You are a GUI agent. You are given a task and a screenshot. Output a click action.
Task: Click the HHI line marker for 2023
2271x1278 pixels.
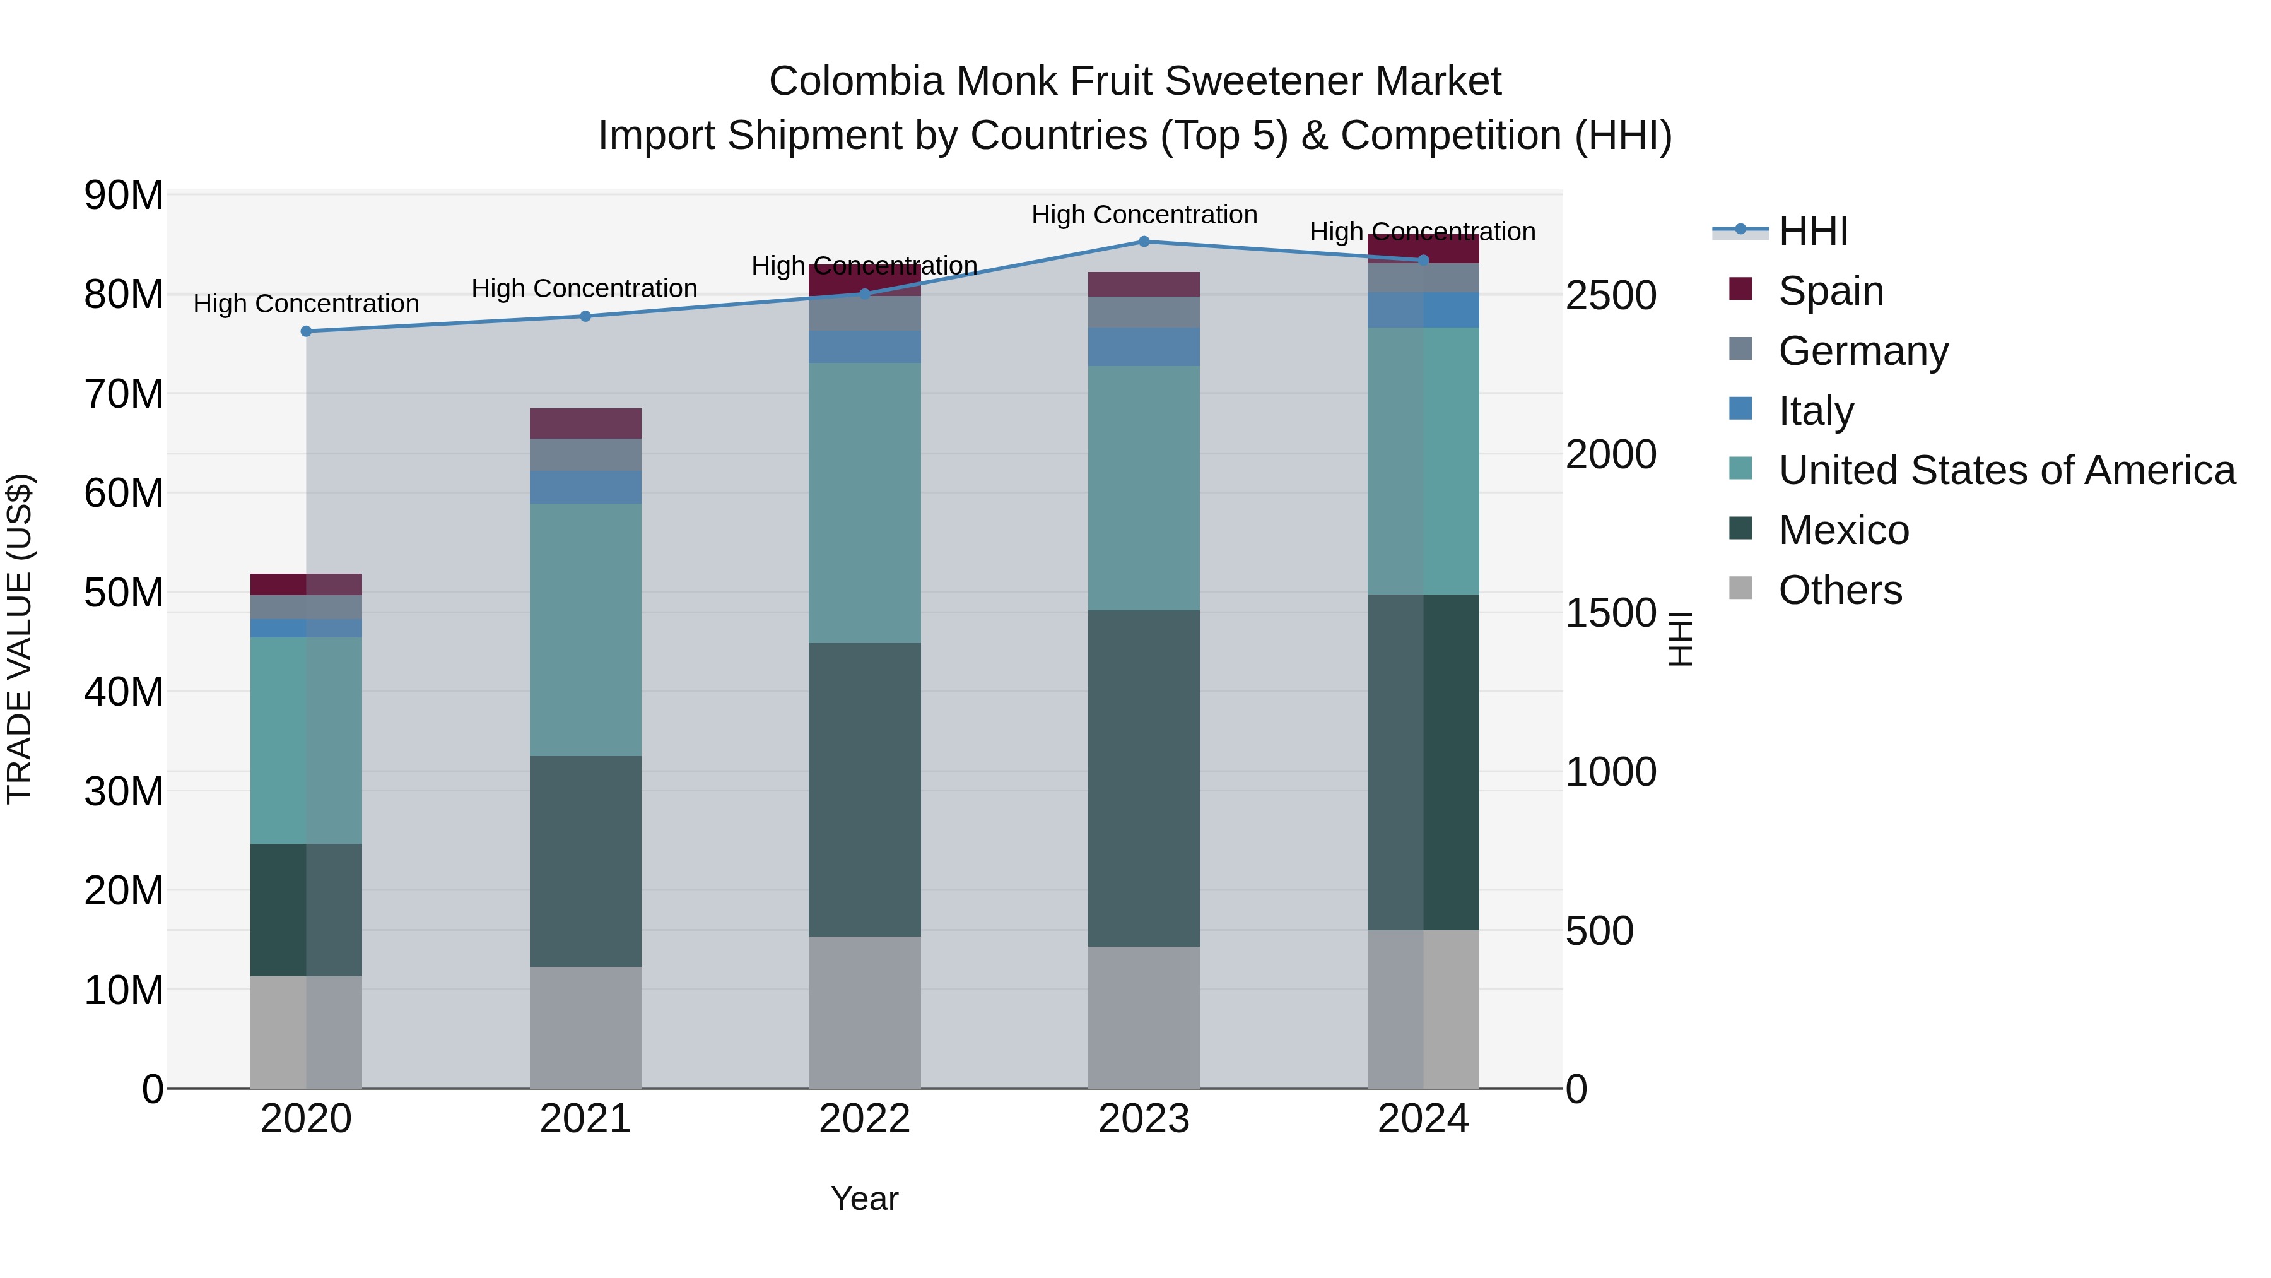click(x=1144, y=242)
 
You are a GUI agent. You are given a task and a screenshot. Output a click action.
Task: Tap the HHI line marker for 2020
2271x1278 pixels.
click(x=306, y=331)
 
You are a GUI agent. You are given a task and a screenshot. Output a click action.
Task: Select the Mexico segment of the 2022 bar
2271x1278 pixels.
click(x=864, y=790)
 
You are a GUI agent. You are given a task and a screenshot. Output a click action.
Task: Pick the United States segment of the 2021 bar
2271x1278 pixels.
click(x=585, y=630)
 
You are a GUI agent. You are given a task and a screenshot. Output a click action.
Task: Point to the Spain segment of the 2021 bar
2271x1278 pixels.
click(x=585, y=423)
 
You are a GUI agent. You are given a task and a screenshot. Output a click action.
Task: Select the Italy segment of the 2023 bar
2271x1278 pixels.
click(x=1144, y=346)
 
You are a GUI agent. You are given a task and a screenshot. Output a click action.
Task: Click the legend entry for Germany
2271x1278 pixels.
click(x=1863, y=351)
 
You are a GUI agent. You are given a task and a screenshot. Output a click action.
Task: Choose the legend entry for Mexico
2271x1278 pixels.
click(x=1843, y=530)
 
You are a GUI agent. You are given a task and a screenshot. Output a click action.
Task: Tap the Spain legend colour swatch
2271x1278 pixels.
click(x=1740, y=289)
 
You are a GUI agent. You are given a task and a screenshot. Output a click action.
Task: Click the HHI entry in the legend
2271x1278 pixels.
click(x=1812, y=231)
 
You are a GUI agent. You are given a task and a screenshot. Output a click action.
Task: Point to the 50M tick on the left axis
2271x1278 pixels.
click(x=124, y=593)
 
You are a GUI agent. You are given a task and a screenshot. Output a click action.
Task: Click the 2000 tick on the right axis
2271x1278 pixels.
click(x=1611, y=455)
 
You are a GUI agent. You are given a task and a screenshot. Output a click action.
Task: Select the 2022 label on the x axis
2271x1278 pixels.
click(x=864, y=1119)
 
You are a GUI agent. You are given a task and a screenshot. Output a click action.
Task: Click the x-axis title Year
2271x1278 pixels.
click(x=864, y=1198)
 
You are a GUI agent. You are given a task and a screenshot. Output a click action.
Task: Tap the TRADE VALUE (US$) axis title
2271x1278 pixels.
click(x=20, y=639)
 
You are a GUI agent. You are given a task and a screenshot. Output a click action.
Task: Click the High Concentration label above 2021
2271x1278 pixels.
click(x=585, y=288)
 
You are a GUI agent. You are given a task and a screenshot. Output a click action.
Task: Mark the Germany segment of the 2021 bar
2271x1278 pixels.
click(x=585, y=455)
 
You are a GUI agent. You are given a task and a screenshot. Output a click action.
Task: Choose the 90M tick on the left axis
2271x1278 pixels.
click(x=124, y=195)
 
